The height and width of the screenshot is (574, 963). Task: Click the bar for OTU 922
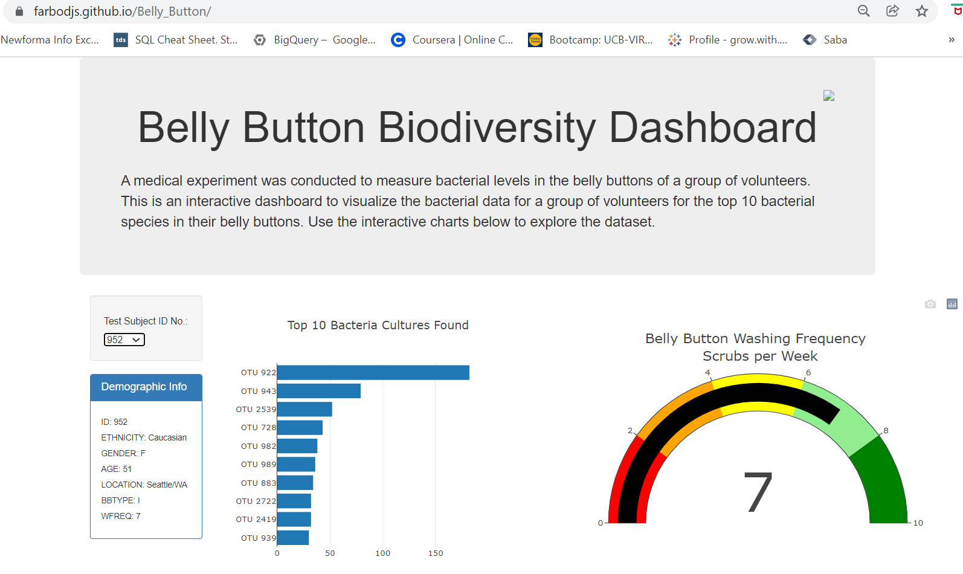[x=373, y=373]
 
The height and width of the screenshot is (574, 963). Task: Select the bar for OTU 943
[x=318, y=391]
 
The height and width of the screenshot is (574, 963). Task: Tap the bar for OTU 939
[x=292, y=538]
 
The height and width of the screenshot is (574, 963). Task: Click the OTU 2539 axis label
[x=256, y=410]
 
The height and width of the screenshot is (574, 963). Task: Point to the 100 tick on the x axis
[x=382, y=553]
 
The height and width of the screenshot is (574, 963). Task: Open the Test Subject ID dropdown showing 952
[x=124, y=340]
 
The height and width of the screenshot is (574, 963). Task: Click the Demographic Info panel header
[x=146, y=387]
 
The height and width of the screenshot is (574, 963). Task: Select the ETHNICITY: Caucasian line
[x=144, y=437]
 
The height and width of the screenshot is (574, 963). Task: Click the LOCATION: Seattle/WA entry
[x=144, y=485]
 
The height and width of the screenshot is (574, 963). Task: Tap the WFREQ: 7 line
[x=121, y=516]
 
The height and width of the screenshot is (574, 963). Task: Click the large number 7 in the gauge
[x=758, y=492]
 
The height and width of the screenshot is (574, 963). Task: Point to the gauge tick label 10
[x=918, y=523]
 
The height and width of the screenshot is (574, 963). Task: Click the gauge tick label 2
[x=630, y=431]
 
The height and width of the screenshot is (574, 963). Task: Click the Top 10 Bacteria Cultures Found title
[x=378, y=326]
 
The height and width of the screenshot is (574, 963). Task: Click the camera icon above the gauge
[x=930, y=304]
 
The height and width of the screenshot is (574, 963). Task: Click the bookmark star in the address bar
[x=921, y=11]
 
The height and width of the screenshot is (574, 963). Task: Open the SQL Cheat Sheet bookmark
[x=176, y=40]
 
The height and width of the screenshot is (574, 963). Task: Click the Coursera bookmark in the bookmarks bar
[x=453, y=40]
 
